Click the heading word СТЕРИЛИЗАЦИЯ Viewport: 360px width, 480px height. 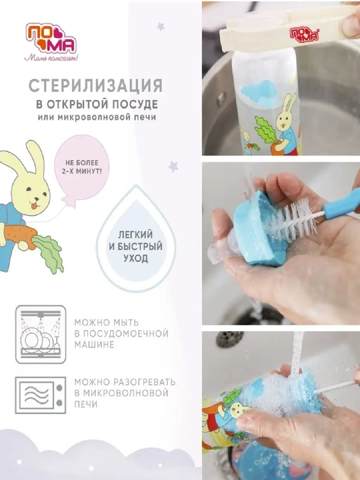(x=95, y=86)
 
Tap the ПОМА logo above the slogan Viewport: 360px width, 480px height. (x=51, y=38)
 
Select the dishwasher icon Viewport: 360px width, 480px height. (x=41, y=334)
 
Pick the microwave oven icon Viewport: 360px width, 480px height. (x=41, y=395)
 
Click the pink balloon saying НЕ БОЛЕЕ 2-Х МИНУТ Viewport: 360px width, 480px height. (x=81, y=168)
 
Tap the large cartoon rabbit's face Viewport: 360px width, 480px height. (x=31, y=195)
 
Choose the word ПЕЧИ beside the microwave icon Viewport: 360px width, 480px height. (x=86, y=405)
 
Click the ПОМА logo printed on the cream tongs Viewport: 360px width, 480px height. (x=304, y=34)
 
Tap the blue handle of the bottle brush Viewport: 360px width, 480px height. (x=342, y=203)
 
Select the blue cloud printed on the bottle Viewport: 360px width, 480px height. (x=259, y=93)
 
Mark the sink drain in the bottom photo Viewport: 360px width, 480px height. (x=230, y=339)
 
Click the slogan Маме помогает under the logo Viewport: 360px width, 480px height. (x=51, y=57)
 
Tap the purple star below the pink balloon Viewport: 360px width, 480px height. (x=173, y=167)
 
